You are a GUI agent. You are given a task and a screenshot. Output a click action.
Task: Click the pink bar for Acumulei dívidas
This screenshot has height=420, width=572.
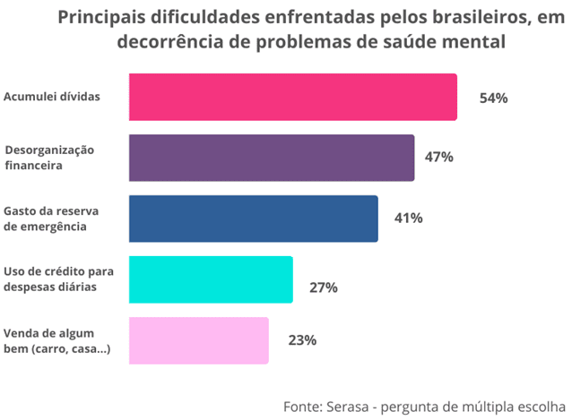(292, 97)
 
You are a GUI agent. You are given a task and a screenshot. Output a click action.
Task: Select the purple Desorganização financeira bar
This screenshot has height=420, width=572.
(272, 158)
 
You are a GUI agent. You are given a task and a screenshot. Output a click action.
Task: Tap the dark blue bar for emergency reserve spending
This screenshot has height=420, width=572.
(253, 219)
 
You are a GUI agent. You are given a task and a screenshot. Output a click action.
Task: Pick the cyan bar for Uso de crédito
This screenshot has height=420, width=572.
(211, 279)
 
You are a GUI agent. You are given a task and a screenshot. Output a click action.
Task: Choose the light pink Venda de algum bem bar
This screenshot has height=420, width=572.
(198, 340)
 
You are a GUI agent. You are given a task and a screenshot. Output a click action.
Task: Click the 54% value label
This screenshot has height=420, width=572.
(493, 98)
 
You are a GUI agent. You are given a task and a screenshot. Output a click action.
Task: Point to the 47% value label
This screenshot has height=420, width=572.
(438, 158)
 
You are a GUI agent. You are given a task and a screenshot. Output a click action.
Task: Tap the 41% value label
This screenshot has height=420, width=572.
(408, 218)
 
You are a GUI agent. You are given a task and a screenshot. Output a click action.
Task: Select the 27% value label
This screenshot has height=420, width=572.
(323, 287)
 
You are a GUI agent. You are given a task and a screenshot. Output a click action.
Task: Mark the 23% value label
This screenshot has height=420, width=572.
(302, 340)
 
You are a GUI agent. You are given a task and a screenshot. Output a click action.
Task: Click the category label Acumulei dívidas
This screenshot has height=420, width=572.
(52, 97)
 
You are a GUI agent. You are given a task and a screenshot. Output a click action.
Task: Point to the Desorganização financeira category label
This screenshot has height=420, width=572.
(48, 157)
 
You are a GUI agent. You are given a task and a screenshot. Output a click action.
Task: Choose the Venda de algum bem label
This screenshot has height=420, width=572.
(56, 340)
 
